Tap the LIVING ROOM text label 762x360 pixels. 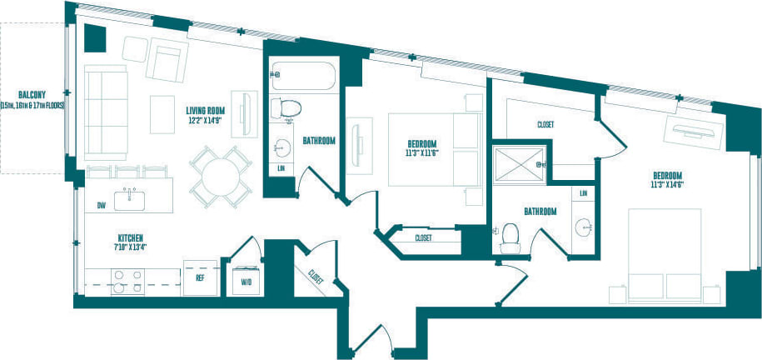206,109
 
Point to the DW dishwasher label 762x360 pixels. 101,203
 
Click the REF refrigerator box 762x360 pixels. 200,277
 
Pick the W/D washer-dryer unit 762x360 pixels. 246,280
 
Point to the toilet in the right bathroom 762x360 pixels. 509,238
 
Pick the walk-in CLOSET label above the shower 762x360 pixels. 546,124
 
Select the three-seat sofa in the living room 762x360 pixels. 103,113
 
